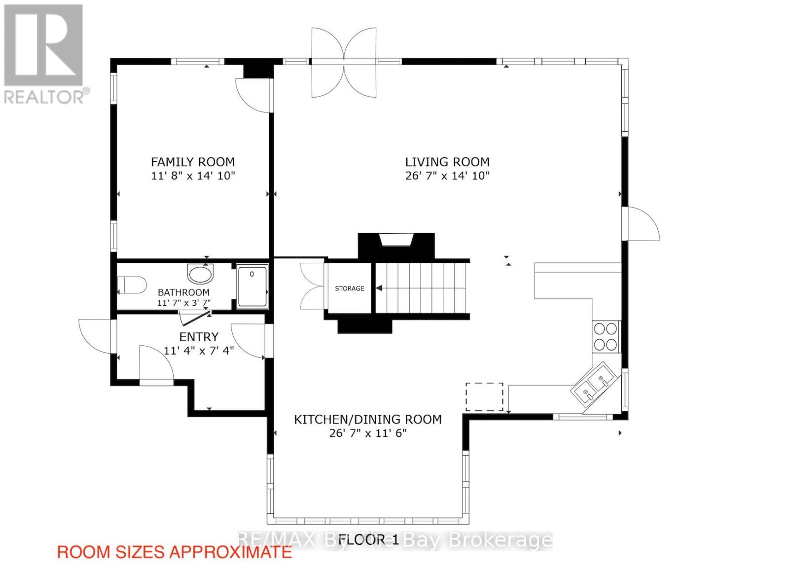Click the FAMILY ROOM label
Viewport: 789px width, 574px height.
click(x=193, y=162)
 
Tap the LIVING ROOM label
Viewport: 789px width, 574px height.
click(x=447, y=162)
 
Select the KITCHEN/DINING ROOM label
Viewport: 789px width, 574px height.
click(x=368, y=420)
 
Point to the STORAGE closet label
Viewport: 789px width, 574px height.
click(x=350, y=288)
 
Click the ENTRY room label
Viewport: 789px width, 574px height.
click(x=199, y=337)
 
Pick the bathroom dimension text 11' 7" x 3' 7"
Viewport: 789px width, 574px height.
click(x=183, y=303)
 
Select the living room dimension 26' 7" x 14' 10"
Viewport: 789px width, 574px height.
click(x=447, y=176)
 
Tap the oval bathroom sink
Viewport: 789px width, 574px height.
click(x=200, y=273)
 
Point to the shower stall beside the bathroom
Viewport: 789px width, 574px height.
click(x=252, y=287)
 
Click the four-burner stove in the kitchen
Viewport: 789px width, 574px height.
click(x=607, y=336)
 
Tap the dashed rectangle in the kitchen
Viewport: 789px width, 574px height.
click(x=484, y=397)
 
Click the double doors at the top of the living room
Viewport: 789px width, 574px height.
click(x=344, y=62)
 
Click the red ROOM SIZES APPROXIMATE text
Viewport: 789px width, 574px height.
click(x=175, y=552)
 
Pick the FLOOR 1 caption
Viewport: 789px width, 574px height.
click(x=368, y=539)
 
